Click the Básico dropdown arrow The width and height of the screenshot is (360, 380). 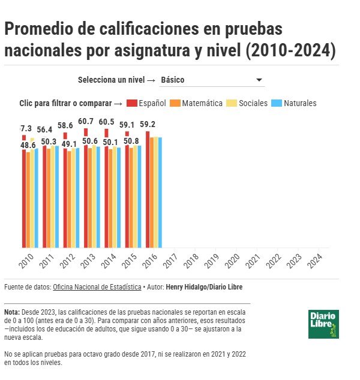pyautogui.click(x=259, y=80)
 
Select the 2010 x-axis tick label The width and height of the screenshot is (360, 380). pyautogui.click(x=26, y=260)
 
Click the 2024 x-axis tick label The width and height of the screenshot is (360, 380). pyautogui.click(x=314, y=260)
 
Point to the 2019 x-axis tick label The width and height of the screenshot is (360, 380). pyautogui.click(x=211, y=260)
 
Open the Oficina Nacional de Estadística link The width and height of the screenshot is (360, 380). pyautogui.click(x=97, y=287)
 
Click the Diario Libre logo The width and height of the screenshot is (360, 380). pyautogui.click(x=324, y=324)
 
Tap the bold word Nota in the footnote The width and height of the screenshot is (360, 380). pyautogui.click(x=11, y=312)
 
